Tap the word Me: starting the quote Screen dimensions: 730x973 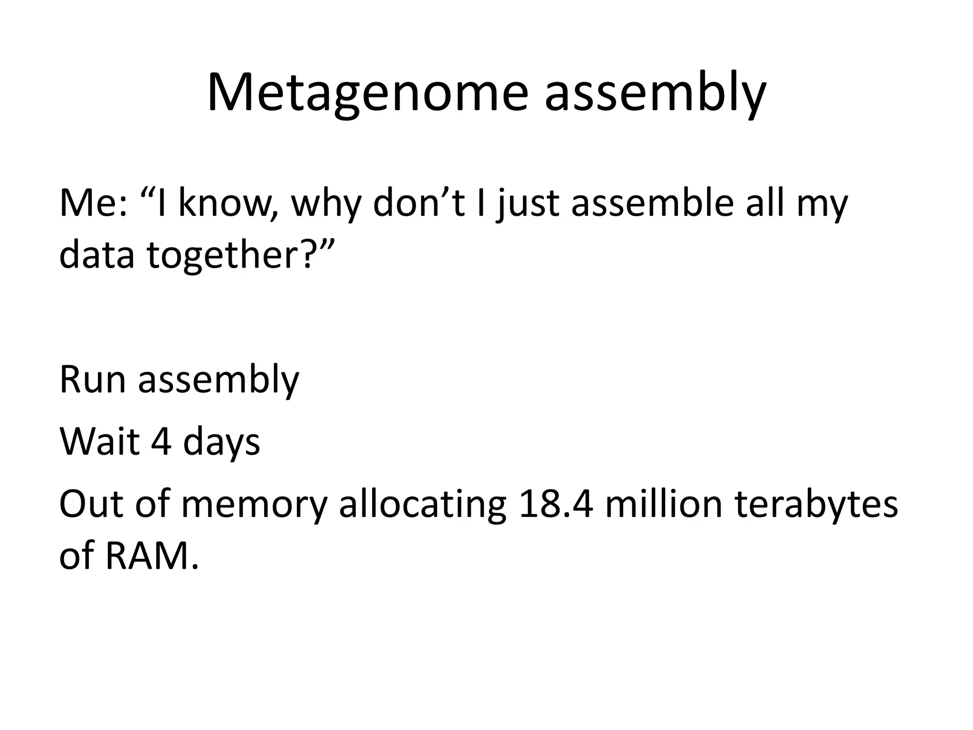coord(93,203)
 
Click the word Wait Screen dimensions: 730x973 coord(100,442)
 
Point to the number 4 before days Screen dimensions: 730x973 coord(161,442)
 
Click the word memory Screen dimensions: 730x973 coord(254,505)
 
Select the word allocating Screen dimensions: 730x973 coord(422,504)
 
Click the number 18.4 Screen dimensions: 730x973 coord(556,504)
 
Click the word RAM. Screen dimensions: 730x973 coord(150,556)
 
